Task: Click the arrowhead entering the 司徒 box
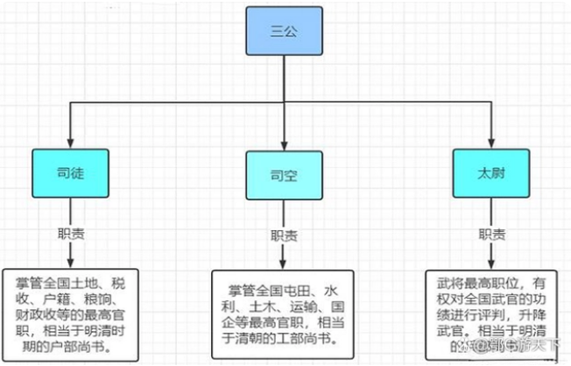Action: pos(69,144)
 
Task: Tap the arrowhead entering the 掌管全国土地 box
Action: pos(69,264)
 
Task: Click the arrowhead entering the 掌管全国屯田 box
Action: pos(282,264)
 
